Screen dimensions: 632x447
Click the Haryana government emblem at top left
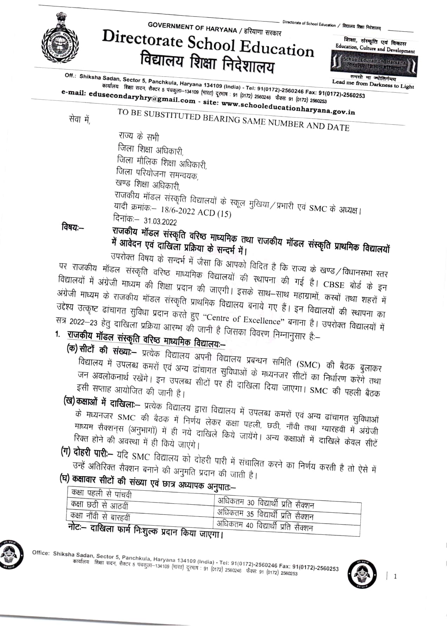point(60,41)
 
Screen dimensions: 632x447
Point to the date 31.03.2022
point(160,221)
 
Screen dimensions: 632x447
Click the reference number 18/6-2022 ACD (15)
point(196,212)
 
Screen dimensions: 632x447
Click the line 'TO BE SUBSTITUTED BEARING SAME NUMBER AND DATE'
point(233,120)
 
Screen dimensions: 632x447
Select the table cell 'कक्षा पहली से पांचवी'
point(101,494)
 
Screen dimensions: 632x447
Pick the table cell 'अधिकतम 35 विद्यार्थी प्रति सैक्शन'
point(265,515)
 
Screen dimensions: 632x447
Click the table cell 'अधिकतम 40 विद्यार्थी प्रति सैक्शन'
point(264,526)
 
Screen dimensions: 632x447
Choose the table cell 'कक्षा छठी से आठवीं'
point(99,505)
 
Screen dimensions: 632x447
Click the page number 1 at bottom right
point(395,576)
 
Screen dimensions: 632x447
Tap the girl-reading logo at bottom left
point(11,554)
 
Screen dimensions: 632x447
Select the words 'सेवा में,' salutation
point(80,120)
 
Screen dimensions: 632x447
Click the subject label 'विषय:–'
point(73,227)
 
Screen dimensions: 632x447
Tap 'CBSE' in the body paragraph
point(334,284)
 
